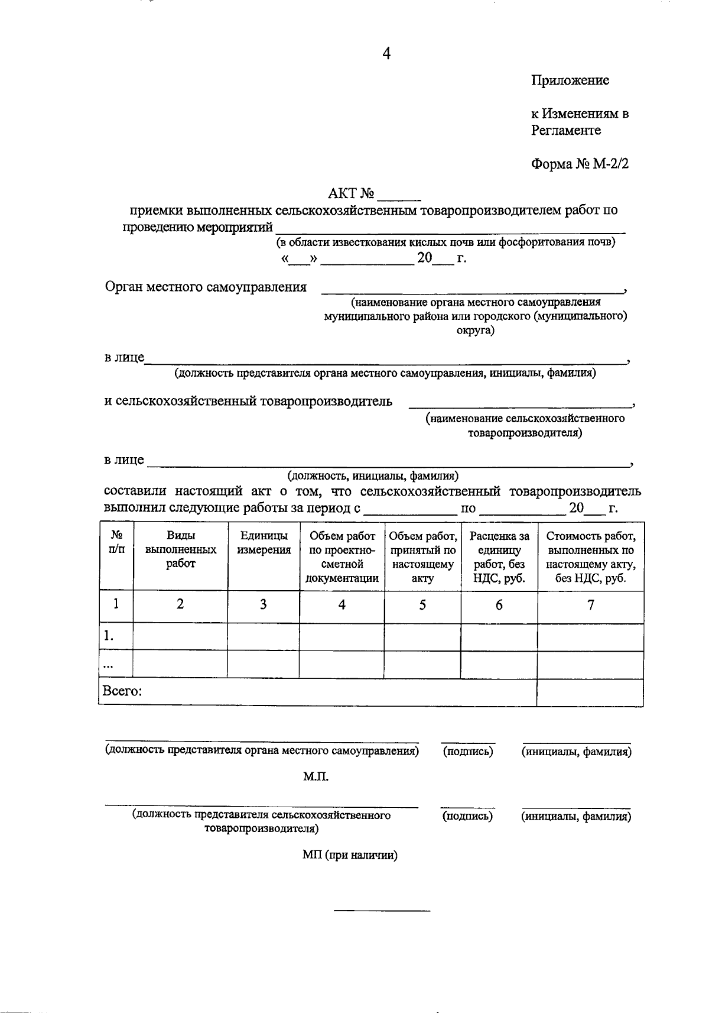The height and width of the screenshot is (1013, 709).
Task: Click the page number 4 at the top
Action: [386, 54]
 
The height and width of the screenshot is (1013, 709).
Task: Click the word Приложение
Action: [570, 80]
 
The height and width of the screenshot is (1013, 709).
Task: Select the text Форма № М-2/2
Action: [580, 163]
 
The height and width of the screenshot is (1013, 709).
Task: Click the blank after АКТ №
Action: [401, 194]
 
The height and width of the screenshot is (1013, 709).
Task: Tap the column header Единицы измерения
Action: [264, 543]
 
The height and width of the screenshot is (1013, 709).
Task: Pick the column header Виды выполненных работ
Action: [181, 550]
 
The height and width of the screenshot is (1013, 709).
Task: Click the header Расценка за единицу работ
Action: [499, 557]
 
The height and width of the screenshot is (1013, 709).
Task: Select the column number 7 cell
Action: [590, 604]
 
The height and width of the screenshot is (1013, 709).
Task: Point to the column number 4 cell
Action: [342, 604]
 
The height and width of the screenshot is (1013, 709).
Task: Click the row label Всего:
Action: [122, 691]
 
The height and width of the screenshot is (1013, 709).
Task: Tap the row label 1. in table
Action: [109, 636]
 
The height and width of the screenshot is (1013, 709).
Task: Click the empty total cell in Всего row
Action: [590, 692]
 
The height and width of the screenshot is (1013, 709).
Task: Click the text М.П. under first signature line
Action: [316, 776]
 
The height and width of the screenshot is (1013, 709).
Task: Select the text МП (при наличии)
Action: [350, 855]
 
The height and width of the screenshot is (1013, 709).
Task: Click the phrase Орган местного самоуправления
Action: [206, 287]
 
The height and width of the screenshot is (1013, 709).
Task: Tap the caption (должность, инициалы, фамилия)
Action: [373, 475]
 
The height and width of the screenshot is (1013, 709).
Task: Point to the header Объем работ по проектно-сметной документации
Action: [342, 557]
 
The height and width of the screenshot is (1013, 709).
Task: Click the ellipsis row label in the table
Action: [108, 664]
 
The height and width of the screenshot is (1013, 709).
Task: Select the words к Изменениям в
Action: [579, 114]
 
